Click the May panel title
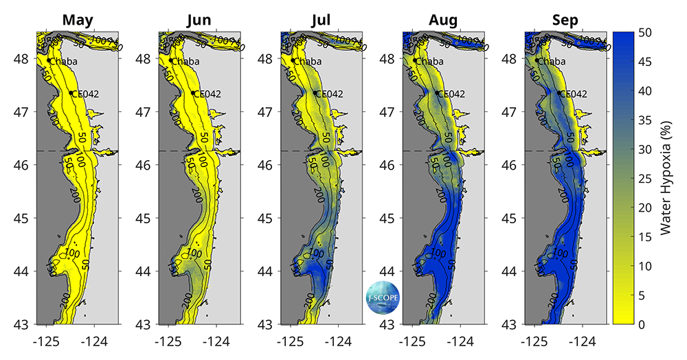click(78, 20)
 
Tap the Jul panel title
click(322, 20)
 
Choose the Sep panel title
click(565, 20)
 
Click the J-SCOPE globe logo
click(383, 297)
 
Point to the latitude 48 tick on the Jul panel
click(267, 59)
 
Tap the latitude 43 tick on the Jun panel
click(146, 324)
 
